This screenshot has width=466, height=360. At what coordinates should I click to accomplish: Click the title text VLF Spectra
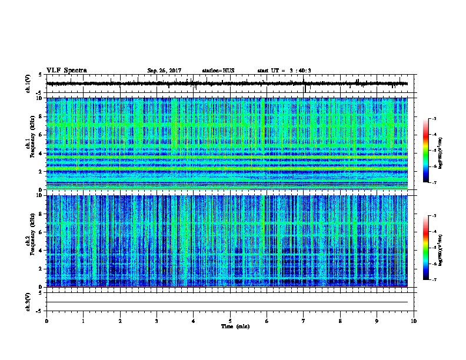coord(66,70)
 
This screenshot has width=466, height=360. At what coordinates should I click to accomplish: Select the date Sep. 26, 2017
coord(164,71)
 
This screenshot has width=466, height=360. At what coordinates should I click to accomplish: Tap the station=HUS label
coord(218,71)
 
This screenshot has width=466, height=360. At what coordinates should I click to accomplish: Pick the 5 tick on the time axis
coord(231,321)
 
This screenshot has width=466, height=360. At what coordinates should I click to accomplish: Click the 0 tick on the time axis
coord(46,321)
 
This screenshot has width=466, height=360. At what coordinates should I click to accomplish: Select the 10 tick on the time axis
coord(414,321)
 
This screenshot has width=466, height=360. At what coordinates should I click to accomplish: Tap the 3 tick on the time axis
coord(157,321)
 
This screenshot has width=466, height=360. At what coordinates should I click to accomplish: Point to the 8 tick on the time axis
coord(341,321)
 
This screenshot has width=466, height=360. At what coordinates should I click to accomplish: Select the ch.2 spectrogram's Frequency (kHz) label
coord(29,240)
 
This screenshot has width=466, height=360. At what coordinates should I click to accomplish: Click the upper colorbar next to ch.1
coord(432,151)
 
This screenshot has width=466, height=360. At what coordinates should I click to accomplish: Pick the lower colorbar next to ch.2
coord(432,248)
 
